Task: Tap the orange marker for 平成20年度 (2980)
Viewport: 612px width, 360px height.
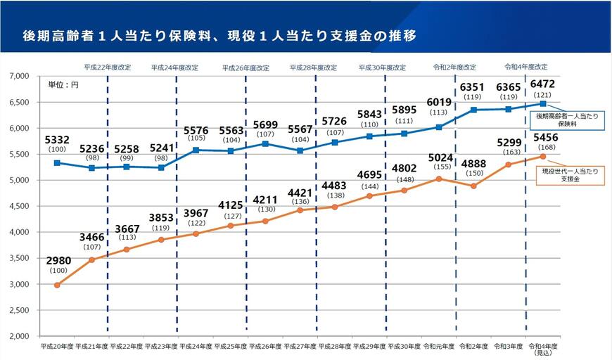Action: coord(57,285)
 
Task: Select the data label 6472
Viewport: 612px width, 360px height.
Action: coord(542,84)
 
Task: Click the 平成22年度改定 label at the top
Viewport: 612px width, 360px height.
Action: coord(107,67)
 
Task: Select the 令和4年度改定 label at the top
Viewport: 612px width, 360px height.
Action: coord(525,67)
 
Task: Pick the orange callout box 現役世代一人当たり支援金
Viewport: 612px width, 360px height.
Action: coord(570,176)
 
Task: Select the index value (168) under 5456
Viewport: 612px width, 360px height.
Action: coord(542,147)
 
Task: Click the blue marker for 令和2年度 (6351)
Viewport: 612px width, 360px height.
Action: coord(473,110)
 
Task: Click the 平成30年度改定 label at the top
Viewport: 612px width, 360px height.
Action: coord(383,67)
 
